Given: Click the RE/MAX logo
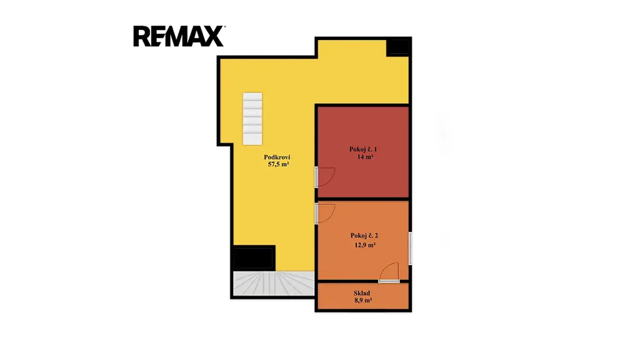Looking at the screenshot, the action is click(179, 36).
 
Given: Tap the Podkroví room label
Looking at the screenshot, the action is click(277, 157).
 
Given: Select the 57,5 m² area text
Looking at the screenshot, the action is click(278, 164).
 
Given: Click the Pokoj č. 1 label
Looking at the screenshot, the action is click(363, 149).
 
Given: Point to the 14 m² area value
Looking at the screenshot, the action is click(365, 157).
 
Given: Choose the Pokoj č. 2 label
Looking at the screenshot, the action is click(364, 236).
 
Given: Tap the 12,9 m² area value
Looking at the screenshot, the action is click(365, 245).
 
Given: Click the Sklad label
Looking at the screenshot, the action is click(362, 293).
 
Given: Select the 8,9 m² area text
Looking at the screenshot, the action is click(363, 301).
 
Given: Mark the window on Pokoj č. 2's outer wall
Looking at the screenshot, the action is click(410, 248).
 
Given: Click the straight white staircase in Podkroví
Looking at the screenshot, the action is click(252, 119).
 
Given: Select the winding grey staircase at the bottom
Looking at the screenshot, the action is click(274, 283).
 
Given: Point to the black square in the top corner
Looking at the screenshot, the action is click(398, 47).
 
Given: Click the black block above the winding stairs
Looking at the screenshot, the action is click(253, 258).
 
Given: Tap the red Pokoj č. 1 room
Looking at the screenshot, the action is click(363, 152).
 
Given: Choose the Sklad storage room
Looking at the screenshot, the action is click(363, 296).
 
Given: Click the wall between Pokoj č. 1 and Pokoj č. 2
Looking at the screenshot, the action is click(363, 199).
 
